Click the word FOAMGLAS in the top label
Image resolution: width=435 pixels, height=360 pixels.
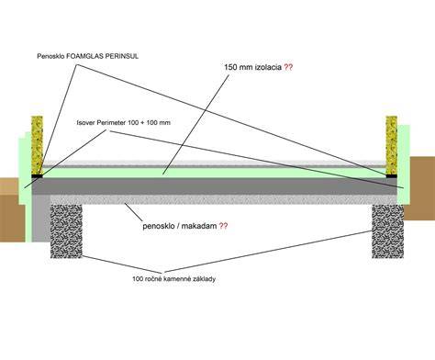click(82, 56)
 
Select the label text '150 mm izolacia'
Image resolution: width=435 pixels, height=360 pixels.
click(252, 67)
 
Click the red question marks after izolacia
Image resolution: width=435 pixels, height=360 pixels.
click(288, 67)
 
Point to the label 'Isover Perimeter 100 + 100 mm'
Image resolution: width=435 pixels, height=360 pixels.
click(123, 123)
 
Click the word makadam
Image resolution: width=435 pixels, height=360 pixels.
click(201, 226)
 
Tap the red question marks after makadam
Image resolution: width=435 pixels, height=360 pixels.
click(223, 226)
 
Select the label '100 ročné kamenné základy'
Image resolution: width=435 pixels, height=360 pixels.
click(173, 279)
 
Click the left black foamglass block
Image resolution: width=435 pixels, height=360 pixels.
click(37, 176)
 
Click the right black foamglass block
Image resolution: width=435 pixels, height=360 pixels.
click(392, 176)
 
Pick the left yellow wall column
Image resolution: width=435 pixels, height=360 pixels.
click(37, 145)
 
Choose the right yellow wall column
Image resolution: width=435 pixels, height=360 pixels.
click(392, 145)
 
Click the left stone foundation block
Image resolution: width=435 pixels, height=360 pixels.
click(66, 231)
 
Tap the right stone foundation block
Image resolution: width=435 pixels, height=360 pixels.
click(388, 231)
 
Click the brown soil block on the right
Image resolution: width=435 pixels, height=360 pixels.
click(422, 188)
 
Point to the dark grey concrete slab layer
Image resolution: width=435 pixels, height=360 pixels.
click(214, 186)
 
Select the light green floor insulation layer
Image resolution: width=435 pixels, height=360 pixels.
click(214, 173)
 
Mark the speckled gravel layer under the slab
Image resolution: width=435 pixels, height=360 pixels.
click(223, 199)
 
